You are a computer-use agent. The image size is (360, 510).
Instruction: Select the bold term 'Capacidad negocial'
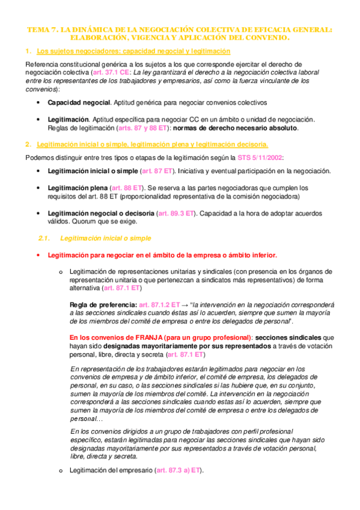tap(78, 102)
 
